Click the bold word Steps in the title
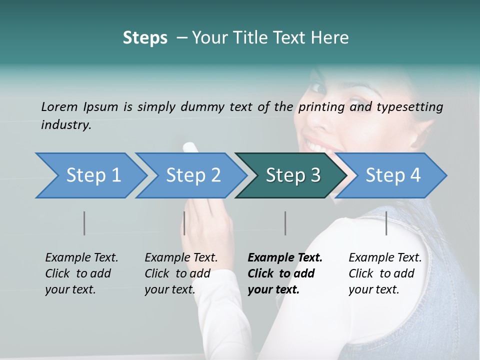[145, 38]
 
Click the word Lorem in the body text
[59, 106]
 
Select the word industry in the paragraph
[65, 124]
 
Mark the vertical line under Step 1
[84, 223]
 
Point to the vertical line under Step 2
[184, 223]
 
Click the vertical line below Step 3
[285, 223]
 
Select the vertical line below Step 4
[386, 223]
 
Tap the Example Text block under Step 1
[81, 273]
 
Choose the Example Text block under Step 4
[385, 273]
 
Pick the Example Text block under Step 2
[181, 273]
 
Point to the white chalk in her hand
[190, 147]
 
